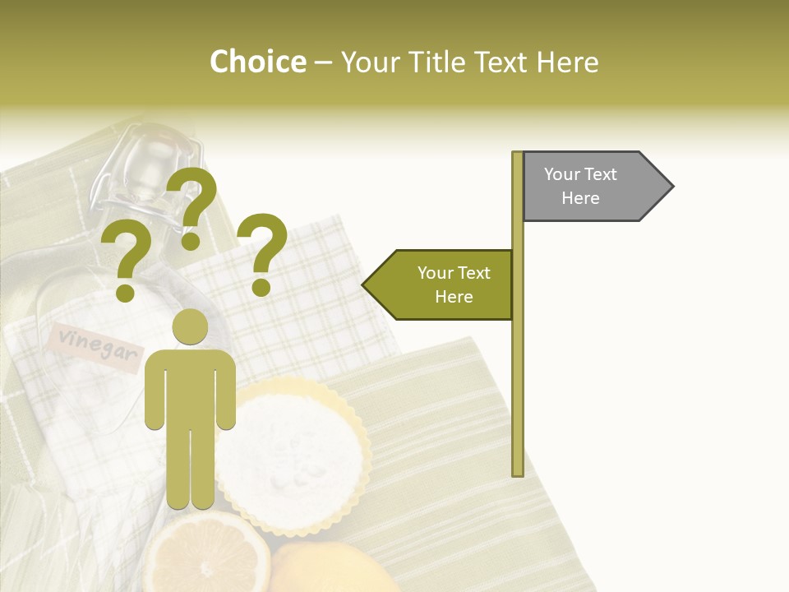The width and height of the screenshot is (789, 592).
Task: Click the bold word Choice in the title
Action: click(257, 62)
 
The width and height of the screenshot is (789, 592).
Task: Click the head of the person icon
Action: click(190, 328)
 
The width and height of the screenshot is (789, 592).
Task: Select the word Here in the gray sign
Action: click(580, 198)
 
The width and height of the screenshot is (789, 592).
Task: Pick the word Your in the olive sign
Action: click(436, 273)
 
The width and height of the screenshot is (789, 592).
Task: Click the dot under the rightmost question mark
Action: click(261, 288)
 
